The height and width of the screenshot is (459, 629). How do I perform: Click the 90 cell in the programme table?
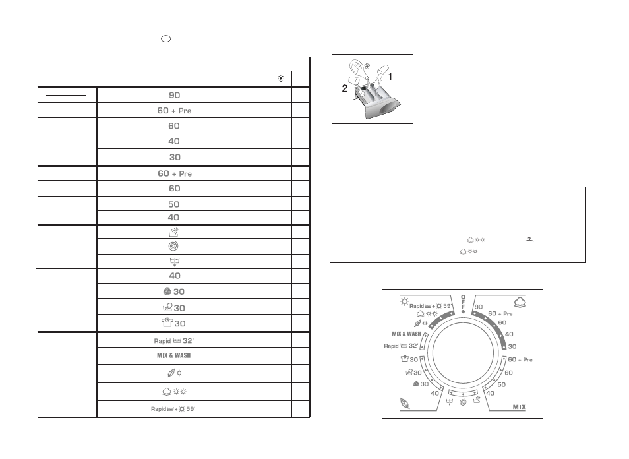coord(174,95)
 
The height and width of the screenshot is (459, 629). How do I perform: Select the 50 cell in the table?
coord(173,204)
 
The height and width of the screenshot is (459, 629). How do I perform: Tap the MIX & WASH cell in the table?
coord(173,355)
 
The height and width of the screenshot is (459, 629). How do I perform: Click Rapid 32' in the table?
coord(173,341)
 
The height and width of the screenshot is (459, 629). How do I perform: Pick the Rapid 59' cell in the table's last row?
coord(173,409)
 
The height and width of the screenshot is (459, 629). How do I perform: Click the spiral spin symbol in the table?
coord(173,246)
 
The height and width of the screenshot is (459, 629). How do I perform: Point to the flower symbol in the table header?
coord(281,78)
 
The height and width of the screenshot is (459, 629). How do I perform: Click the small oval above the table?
coord(165,38)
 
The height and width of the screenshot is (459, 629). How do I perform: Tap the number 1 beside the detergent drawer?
coord(390,76)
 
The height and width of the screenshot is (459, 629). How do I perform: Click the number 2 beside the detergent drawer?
coord(345,88)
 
